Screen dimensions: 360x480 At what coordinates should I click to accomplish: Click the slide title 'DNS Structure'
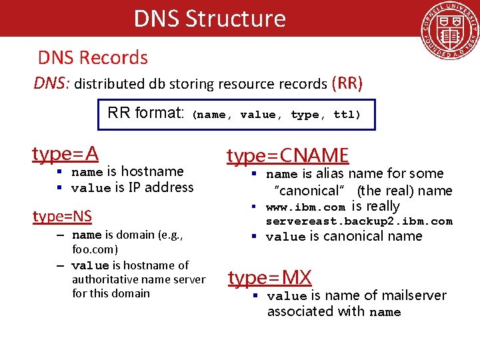coord(209,18)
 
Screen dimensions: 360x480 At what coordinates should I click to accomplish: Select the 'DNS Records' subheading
coord(93,57)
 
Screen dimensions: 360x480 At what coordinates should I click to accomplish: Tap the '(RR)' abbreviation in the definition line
coord(347,83)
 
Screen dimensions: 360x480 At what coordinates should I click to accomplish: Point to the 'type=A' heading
coord(65,154)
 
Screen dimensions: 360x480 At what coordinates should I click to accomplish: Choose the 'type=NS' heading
coord(63,216)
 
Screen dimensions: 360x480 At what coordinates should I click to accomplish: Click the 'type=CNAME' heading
coord(287,155)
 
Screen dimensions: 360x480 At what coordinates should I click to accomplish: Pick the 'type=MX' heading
coord(269,277)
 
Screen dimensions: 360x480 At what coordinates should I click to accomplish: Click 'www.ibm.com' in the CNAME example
coord(305,207)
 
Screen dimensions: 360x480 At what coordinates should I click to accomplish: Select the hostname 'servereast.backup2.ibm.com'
coord(359,221)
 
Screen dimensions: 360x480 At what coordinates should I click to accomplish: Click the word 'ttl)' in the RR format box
coord(347,115)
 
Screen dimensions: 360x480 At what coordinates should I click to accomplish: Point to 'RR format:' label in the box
coord(145,113)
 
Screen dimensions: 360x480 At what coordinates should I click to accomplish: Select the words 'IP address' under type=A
coord(161,187)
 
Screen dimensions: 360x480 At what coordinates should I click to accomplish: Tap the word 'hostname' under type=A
coord(152,171)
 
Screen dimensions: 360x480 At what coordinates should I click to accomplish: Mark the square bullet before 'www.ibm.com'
coord(254,207)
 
